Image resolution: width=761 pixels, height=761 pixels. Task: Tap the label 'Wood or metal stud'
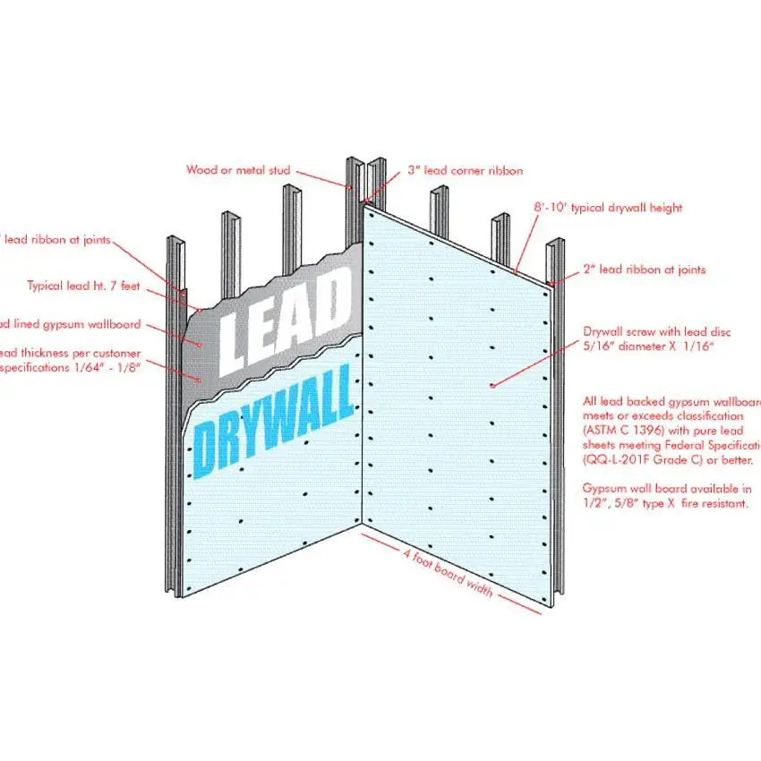point(238,169)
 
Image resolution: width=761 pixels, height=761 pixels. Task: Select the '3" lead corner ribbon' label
point(465,169)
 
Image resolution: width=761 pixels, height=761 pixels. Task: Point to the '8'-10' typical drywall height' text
point(605,208)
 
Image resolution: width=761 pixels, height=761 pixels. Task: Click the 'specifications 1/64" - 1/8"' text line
point(72,366)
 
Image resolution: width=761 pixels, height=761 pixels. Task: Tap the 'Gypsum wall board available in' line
point(667,490)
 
